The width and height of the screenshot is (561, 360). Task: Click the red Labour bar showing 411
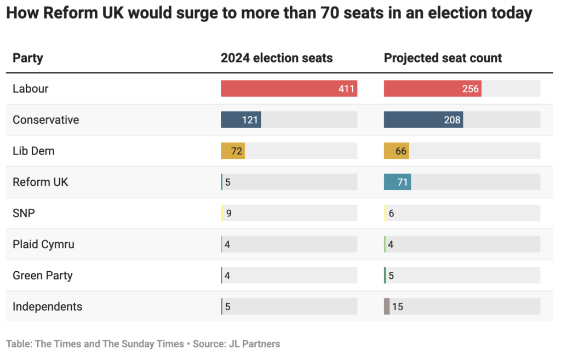[x=289, y=89]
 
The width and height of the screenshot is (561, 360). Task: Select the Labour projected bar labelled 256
[x=432, y=89]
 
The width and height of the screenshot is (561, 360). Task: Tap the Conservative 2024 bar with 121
[x=241, y=120]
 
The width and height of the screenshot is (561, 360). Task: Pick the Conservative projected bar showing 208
[x=423, y=120]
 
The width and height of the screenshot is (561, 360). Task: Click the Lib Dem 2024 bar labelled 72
[x=232, y=151]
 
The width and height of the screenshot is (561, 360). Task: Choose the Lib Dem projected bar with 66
[x=396, y=151]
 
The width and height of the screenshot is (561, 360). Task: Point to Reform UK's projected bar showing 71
[x=397, y=182]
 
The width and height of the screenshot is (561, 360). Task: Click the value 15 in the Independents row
[x=398, y=307]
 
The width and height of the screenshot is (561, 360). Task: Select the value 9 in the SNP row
[x=228, y=213]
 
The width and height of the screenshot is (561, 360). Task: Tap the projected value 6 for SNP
[x=391, y=213]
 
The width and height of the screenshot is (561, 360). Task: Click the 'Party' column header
[x=27, y=58]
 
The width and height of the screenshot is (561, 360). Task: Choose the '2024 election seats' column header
[x=277, y=58]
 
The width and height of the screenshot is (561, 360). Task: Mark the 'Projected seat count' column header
[x=443, y=58]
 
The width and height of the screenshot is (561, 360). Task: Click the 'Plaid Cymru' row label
[x=43, y=244]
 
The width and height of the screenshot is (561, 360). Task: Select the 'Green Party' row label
[x=42, y=276]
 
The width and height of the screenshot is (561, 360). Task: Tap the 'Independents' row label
[x=47, y=307]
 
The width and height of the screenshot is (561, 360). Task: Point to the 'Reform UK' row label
[x=40, y=182]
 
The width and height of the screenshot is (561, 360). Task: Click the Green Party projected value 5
[x=391, y=276]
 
